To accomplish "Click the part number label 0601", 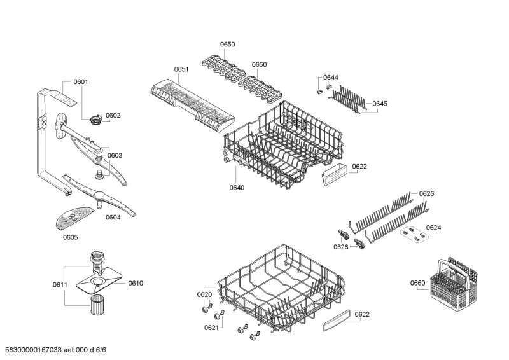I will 81,81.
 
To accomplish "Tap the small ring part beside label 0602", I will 95,118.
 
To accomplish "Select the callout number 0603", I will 115,155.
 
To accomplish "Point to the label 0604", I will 113,217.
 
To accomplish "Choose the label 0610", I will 136,283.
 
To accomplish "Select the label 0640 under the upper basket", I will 237,188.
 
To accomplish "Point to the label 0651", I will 181,69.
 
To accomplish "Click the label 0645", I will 380,104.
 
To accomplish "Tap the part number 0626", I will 426,193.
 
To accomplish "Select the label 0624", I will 433,227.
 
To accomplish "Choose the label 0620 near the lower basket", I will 204,294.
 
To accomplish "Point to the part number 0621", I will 211,328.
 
